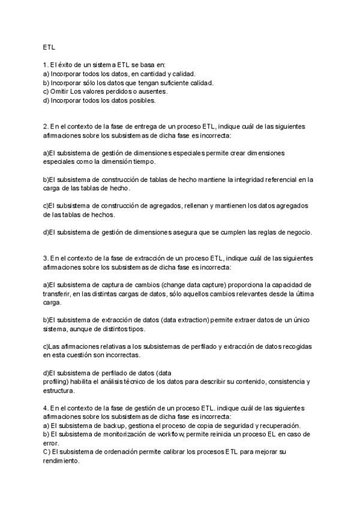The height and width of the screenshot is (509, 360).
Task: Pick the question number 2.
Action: click(x=46, y=127)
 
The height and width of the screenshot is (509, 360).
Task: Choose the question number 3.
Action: click(x=46, y=258)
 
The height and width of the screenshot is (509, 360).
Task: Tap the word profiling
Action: click(x=55, y=381)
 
